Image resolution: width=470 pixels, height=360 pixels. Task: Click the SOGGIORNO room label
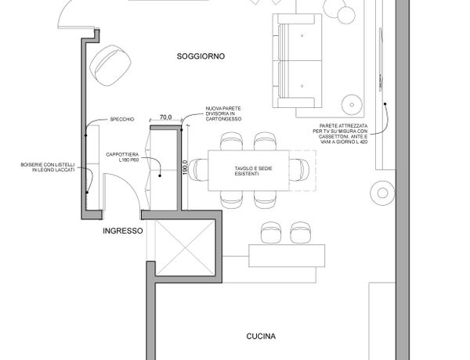coord(201,56)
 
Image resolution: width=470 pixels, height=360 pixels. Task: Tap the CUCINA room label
coord(261,337)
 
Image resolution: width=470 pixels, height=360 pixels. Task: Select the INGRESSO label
coord(123,231)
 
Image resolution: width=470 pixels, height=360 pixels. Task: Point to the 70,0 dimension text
coord(166,117)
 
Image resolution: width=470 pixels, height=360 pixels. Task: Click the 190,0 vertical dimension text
coord(185,167)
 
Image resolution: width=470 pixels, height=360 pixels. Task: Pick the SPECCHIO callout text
coord(122,119)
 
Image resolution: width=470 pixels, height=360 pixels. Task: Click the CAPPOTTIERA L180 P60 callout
coord(122,157)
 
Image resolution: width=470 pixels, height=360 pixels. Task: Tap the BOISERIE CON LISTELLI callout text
coord(48,167)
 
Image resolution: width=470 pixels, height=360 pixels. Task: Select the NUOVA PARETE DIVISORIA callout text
coord(223,113)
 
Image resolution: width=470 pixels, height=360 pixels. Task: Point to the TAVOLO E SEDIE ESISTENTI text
coord(253,171)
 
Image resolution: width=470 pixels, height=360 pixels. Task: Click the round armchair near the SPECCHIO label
coord(110,66)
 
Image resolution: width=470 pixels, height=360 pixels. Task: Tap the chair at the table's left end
coord(198,170)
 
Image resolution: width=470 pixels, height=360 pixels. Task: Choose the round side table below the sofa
coord(352,105)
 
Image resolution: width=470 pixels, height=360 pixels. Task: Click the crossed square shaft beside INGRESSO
coord(186,247)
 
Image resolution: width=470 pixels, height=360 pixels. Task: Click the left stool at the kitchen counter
coord(271,232)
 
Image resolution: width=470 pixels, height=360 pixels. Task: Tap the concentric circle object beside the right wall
coord(382,193)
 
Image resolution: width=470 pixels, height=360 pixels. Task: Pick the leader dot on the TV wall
coord(385,104)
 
